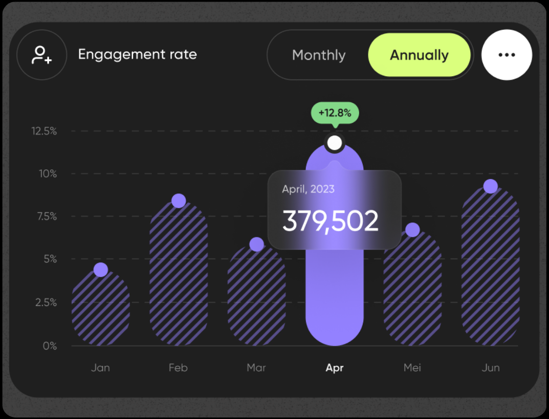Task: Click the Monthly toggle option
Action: point(319,55)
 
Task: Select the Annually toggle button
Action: point(419,55)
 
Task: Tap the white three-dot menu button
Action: point(507,55)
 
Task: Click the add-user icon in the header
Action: point(41,55)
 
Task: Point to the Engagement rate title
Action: point(137,55)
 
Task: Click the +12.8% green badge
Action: point(335,113)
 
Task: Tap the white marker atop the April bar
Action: point(334,143)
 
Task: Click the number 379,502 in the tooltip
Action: point(331,221)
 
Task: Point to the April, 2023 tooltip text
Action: point(308,189)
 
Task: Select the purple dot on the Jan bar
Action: point(101,270)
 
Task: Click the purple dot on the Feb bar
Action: point(179,201)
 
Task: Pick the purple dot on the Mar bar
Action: point(256,245)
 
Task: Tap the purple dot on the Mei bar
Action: point(412,230)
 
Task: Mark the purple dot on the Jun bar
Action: point(490,186)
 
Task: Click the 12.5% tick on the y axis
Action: point(44,131)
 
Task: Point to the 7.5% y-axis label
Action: point(46,216)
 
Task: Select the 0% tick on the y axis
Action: point(50,346)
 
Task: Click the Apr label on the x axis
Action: point(335,368)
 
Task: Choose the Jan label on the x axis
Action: point(100,368)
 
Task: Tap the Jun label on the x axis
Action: point(490,368)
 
